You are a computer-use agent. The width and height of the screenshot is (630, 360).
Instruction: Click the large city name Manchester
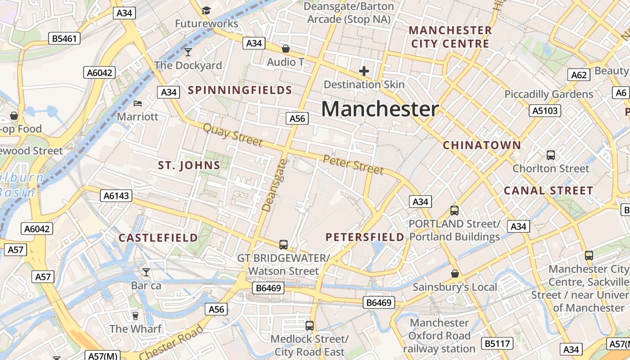[380, 109]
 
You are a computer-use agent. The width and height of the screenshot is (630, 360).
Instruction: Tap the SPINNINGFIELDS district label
[240, 90]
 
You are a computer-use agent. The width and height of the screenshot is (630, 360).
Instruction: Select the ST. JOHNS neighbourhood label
[189, 166]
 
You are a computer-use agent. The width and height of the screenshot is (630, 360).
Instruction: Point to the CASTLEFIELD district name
[158, 238]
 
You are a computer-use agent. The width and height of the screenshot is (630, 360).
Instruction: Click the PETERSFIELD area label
[364, 237]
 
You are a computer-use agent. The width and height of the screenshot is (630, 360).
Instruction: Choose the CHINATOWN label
[482, 145]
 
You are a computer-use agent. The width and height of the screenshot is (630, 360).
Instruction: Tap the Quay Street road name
[232, 135]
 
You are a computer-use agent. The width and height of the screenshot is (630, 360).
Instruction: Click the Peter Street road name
[353, 165]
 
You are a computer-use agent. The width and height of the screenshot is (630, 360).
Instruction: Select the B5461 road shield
[64, 38]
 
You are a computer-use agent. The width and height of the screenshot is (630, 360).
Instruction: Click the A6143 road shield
[116, 196]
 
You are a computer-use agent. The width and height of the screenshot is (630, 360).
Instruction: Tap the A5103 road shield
[545, 111]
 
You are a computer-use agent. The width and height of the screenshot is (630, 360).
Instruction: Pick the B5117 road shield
[497, 344]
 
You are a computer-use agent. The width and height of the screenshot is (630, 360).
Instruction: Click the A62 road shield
[579, 75]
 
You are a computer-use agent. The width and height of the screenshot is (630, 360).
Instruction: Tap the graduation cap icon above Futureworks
[206, 10]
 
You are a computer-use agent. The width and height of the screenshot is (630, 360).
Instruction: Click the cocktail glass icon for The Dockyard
[188, 52]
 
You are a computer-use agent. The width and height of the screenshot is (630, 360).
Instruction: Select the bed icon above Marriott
[138, 103]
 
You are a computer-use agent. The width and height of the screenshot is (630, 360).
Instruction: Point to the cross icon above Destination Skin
[364, 71]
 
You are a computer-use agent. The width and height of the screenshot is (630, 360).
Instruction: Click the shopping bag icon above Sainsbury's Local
[455, 274]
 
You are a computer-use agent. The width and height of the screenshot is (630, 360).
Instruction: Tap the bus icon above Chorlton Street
[550, 155]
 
